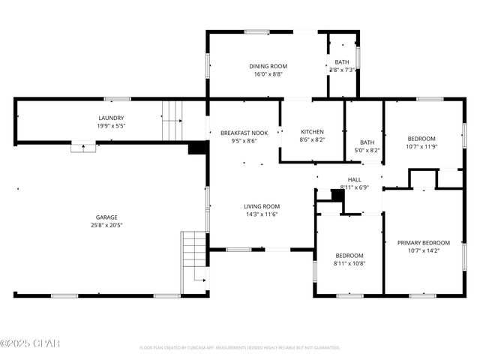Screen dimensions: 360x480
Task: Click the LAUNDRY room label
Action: click(x=111, y=118)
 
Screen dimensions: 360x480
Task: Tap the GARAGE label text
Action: click(x=106, y=217)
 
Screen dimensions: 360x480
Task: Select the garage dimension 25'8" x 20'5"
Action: click(x=106, y=225)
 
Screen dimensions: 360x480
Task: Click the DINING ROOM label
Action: click(x=268, y=66)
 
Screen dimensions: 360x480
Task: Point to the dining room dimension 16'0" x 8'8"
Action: click(x=268, y=74)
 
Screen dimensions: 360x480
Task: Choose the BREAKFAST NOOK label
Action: click(x=244, y=132)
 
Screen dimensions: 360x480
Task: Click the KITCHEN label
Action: click(x=312, y=131)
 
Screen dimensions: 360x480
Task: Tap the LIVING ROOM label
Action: click(x=261, y=206)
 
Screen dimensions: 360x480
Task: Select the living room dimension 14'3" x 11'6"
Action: click(x=261, y=214)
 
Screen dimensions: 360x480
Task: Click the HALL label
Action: click(x=354, y=179)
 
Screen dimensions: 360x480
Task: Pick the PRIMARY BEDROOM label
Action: click(x=423, y=242)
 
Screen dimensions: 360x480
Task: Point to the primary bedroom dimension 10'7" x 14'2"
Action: click(x=423, y=251)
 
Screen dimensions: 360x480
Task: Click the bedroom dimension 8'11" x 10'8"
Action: click(x=349, y=263)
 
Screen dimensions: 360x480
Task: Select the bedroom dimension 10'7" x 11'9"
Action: click(x=421, y=147)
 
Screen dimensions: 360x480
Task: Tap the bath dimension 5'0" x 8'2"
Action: click(x=367, y=150)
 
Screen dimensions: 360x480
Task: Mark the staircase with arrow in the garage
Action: click(x=193, y=262)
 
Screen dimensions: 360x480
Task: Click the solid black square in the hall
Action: click(x=337, y=195)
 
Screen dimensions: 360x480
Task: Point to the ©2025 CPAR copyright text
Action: click(x=30, y=343)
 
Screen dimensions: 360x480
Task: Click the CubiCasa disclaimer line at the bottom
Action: click(x=240, y=347)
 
